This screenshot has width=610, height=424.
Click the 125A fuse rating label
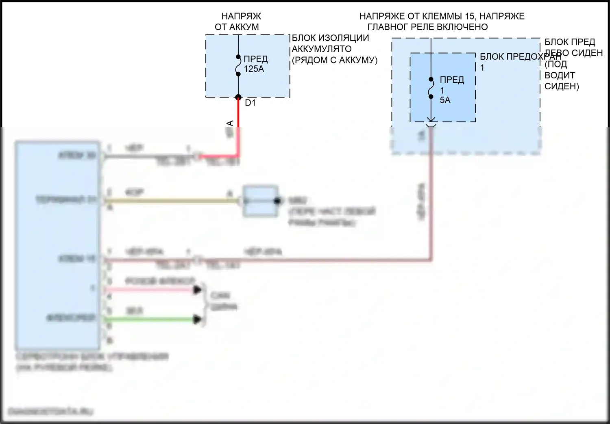pos(254,69)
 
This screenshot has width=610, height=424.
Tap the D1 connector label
pos(250,103)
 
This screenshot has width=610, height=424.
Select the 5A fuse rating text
pos(445,100)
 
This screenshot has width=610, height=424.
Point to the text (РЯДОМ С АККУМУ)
pos(335,60)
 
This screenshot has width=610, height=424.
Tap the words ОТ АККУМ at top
pos(237,27)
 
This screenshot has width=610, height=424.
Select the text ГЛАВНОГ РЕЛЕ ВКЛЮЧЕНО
pos(427,27)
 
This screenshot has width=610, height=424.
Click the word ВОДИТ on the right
pos(560,76)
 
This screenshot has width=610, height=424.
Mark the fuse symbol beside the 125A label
pos(238,65)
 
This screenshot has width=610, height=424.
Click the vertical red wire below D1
pos(239,126)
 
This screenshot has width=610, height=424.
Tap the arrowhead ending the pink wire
pos(198,290)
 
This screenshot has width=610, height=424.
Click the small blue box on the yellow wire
pos(261,201)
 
